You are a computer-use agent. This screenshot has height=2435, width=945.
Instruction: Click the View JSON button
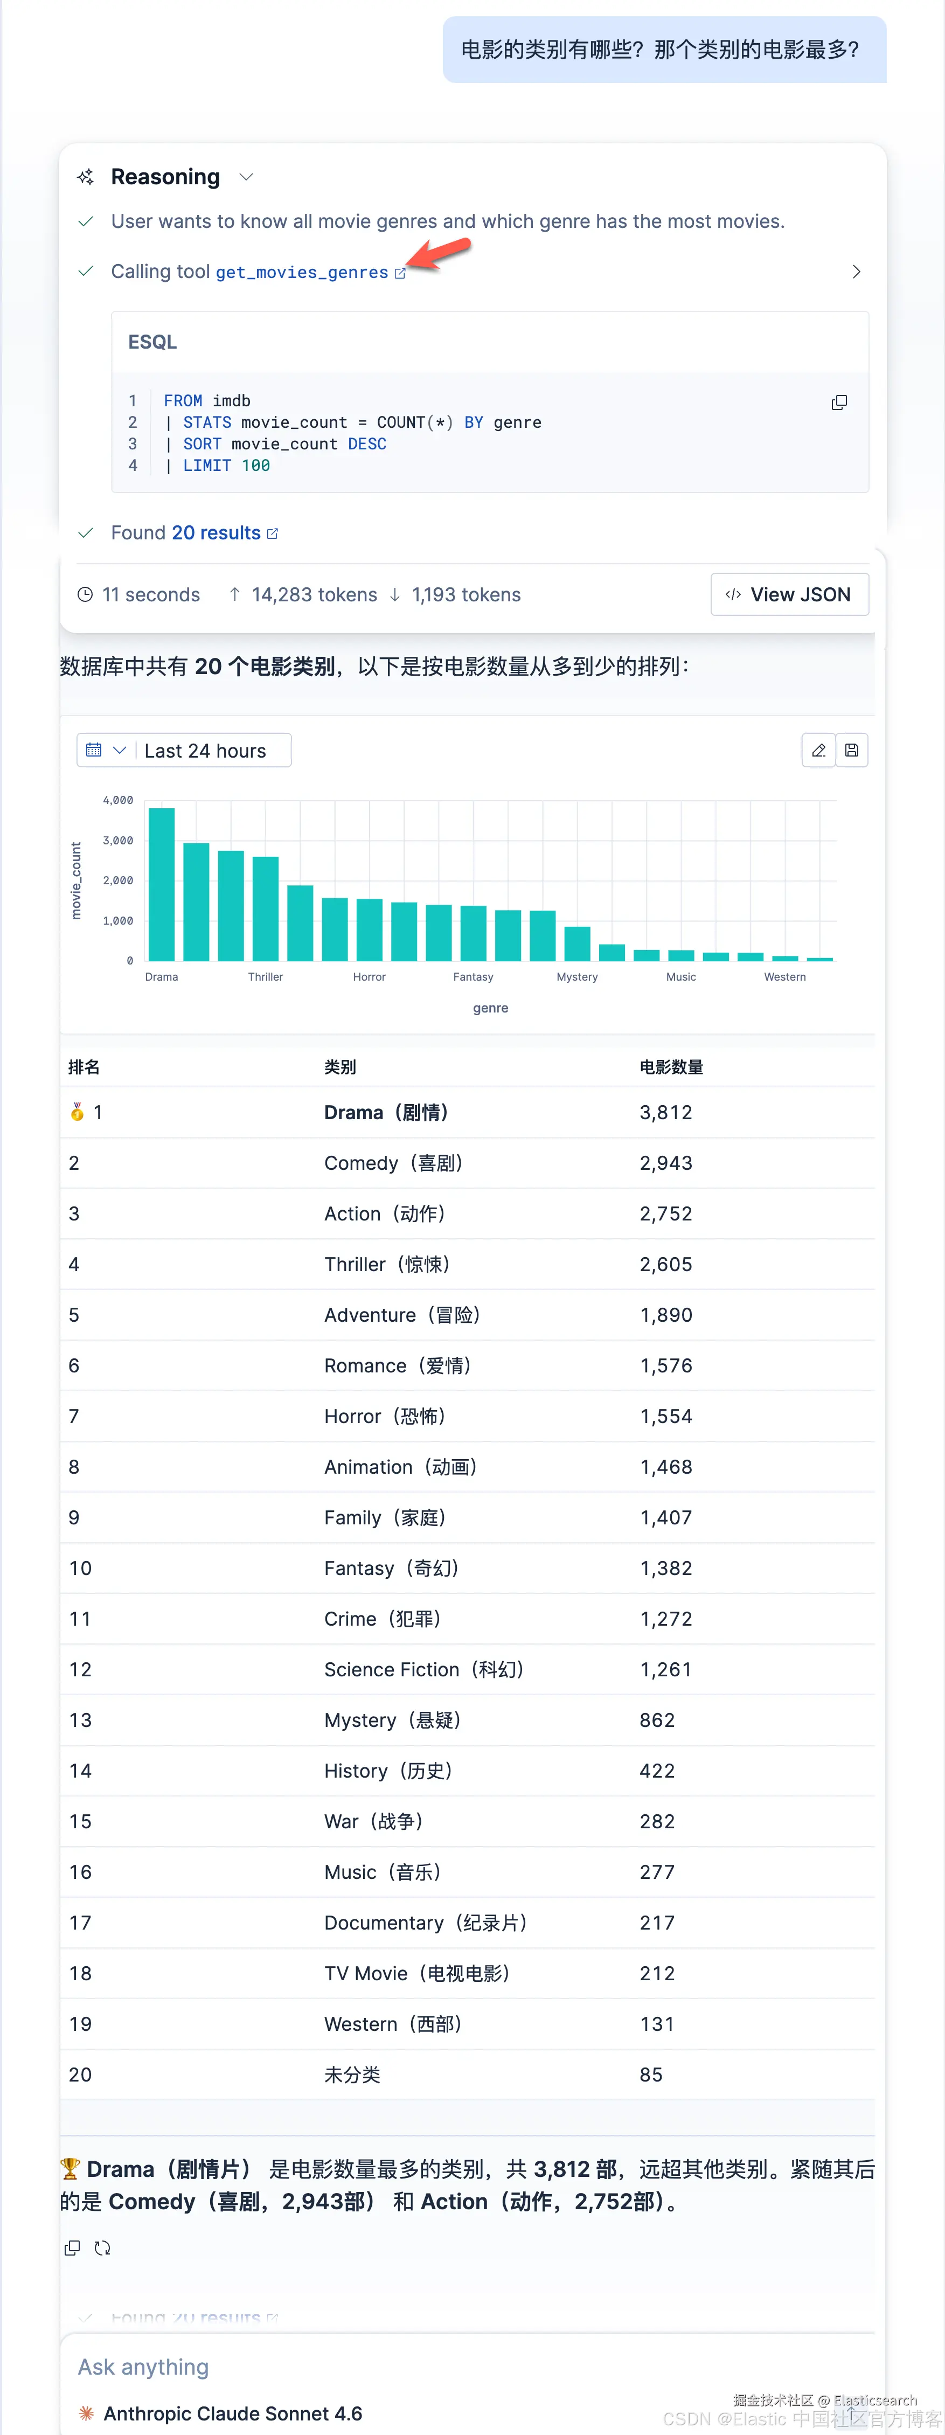coord(789,594)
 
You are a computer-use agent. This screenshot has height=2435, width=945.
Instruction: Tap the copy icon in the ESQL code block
coord(838,403)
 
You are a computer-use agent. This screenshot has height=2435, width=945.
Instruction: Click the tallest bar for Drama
coord(162,884)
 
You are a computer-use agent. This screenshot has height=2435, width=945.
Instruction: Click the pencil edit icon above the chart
coord(818,751)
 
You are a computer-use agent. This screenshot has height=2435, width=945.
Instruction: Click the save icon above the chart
coord(851,751)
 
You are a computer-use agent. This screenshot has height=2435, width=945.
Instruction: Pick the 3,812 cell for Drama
coord(666,1113)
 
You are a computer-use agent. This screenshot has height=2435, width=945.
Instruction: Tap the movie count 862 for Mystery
coord(657,1721)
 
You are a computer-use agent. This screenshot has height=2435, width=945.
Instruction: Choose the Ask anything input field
coord(472,2367)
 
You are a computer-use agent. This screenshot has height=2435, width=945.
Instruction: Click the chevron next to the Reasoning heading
coord(247,177)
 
